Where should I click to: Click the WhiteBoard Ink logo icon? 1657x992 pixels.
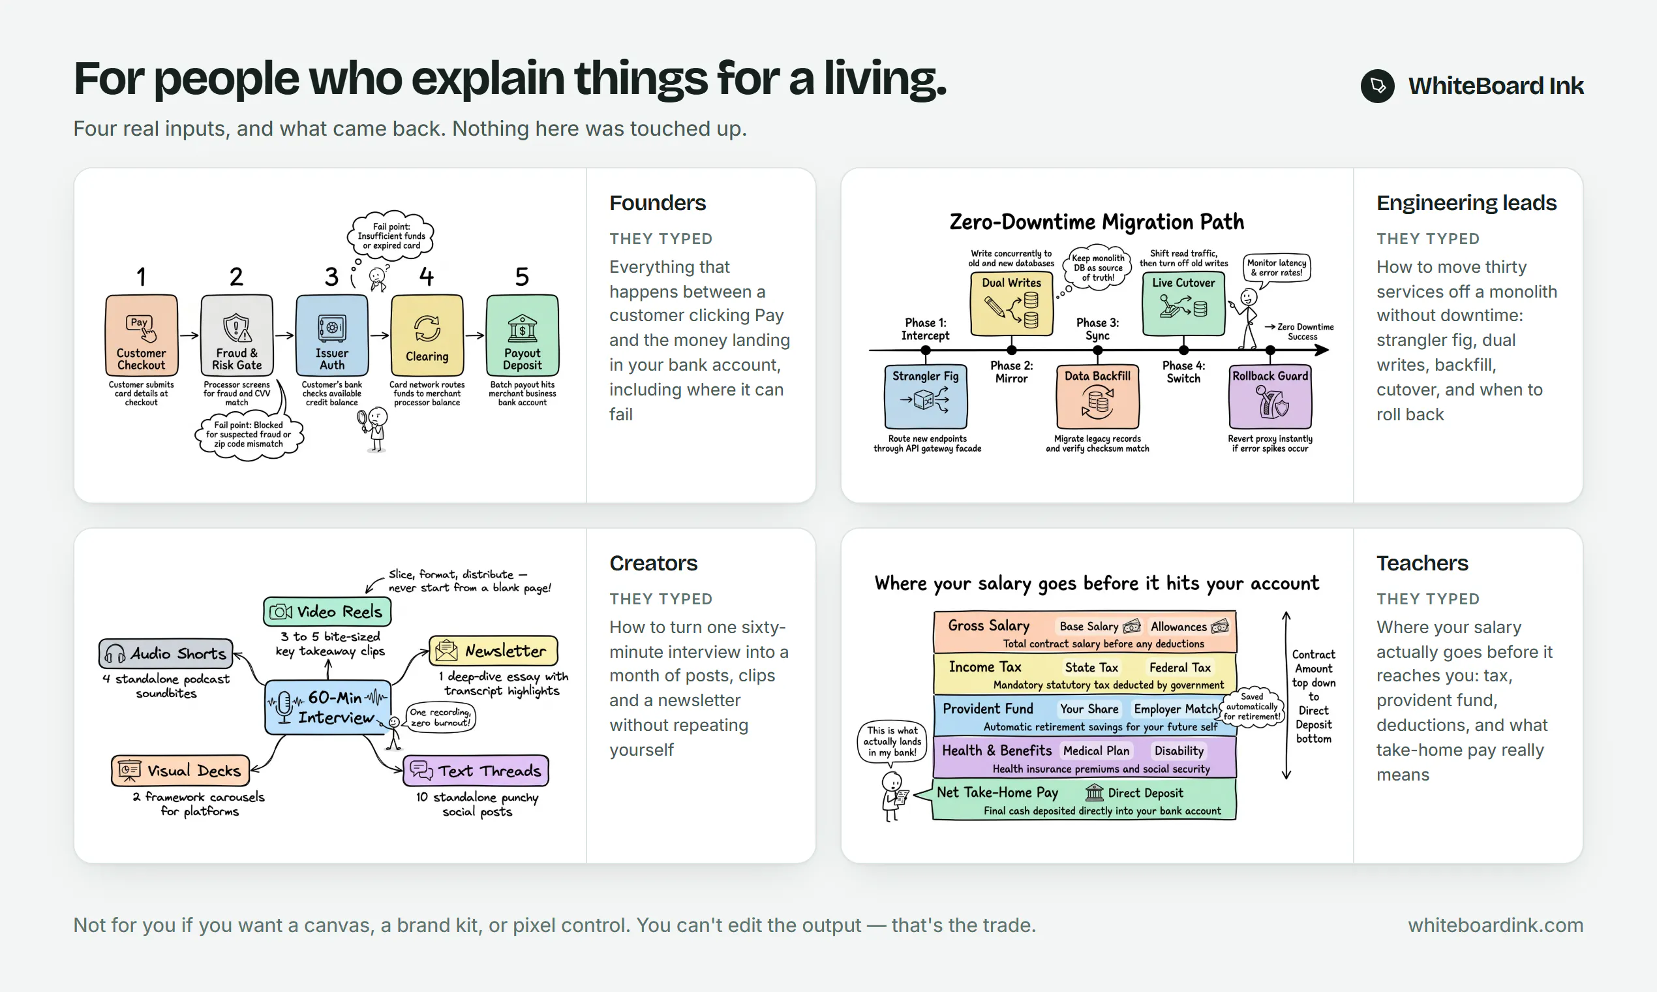tap(1377, 85)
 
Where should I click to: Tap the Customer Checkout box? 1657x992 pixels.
tap(142, 335)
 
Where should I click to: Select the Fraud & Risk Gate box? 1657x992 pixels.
tap(237, 335)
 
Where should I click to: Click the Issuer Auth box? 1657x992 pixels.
tap(332, 335)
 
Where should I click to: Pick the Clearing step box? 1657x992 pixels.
tap(427, 335)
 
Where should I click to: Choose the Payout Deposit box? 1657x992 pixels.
tap(523, 335)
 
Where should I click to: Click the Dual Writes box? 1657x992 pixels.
tap(1012, 304)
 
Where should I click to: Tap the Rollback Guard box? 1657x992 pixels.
tap(1270, 396)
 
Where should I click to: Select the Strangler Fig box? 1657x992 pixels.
tap(926, 396)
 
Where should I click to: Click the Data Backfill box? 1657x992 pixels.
tap(1098, 396)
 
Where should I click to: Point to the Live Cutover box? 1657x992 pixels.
tap(1183, 304)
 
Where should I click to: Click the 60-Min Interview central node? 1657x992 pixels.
tap(328, 707)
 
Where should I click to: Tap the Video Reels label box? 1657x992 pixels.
tap(327, 611)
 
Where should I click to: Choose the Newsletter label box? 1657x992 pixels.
tap(494, 651)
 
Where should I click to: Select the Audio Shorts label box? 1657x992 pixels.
tap(166, 653)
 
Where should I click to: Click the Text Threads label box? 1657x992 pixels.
tap(476, 771)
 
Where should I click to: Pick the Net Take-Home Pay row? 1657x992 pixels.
tap(1084, 799)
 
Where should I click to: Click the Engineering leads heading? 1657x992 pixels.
tap(1467, 202)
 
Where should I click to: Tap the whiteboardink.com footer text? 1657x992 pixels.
tap(1495, 925)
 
